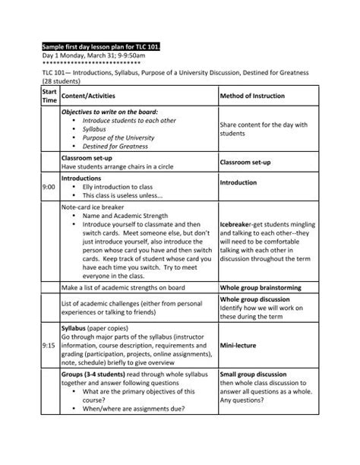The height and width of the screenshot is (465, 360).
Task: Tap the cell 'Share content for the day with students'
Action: tap(263, 128)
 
